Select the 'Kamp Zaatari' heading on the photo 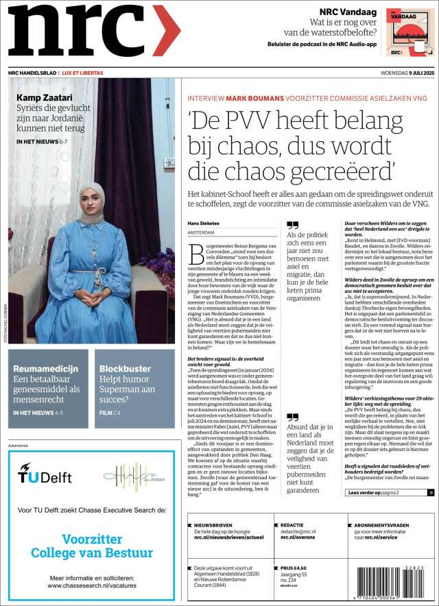click(x=44, y=97)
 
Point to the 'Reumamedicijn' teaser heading click(x=47, y=369)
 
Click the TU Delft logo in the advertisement click(x=45, y=475)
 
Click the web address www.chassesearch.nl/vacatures click(x=91, y=586)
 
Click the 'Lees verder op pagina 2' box click(x=390, y=492)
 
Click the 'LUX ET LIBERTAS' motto click(x=82, y=73)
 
